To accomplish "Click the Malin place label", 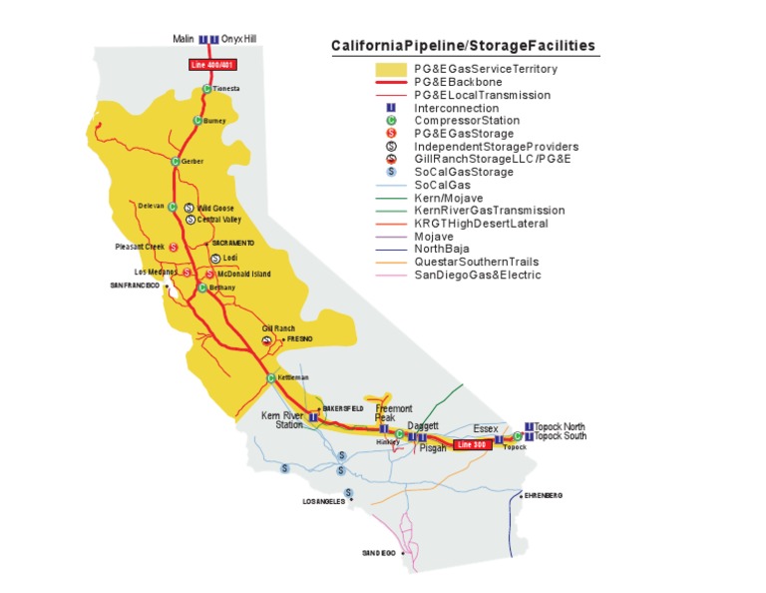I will tap(183, 40).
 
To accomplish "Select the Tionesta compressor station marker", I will tap(206, 89).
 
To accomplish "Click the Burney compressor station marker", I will tap(197, 121).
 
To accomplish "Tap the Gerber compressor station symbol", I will tap(176, 161).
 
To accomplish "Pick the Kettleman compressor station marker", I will tap(270, 377).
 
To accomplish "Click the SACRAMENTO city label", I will tap(232, 243).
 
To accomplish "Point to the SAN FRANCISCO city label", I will tap(135, 286).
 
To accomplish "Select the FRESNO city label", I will tap(299, 339).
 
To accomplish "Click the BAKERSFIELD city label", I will tap(343, 409).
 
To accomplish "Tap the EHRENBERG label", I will tap(544, 495).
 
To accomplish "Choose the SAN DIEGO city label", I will tap(378, 552).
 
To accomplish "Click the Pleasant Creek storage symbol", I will tap(174, 247).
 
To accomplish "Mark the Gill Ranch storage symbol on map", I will tap(267, 339).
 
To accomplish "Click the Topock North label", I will tap(560, 426).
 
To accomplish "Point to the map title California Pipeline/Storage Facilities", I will tap(464, 46).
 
